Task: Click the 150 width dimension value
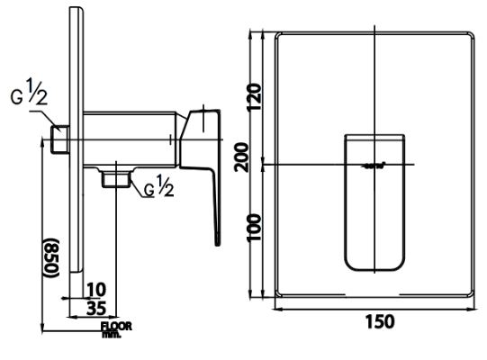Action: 377,320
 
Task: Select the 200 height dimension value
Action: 255,161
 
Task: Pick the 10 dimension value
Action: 98,289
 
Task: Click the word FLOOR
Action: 117,326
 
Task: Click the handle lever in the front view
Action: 375,202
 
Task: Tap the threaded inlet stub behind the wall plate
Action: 59,139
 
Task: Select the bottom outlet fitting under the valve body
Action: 113,179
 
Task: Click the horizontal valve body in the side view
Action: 131,139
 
